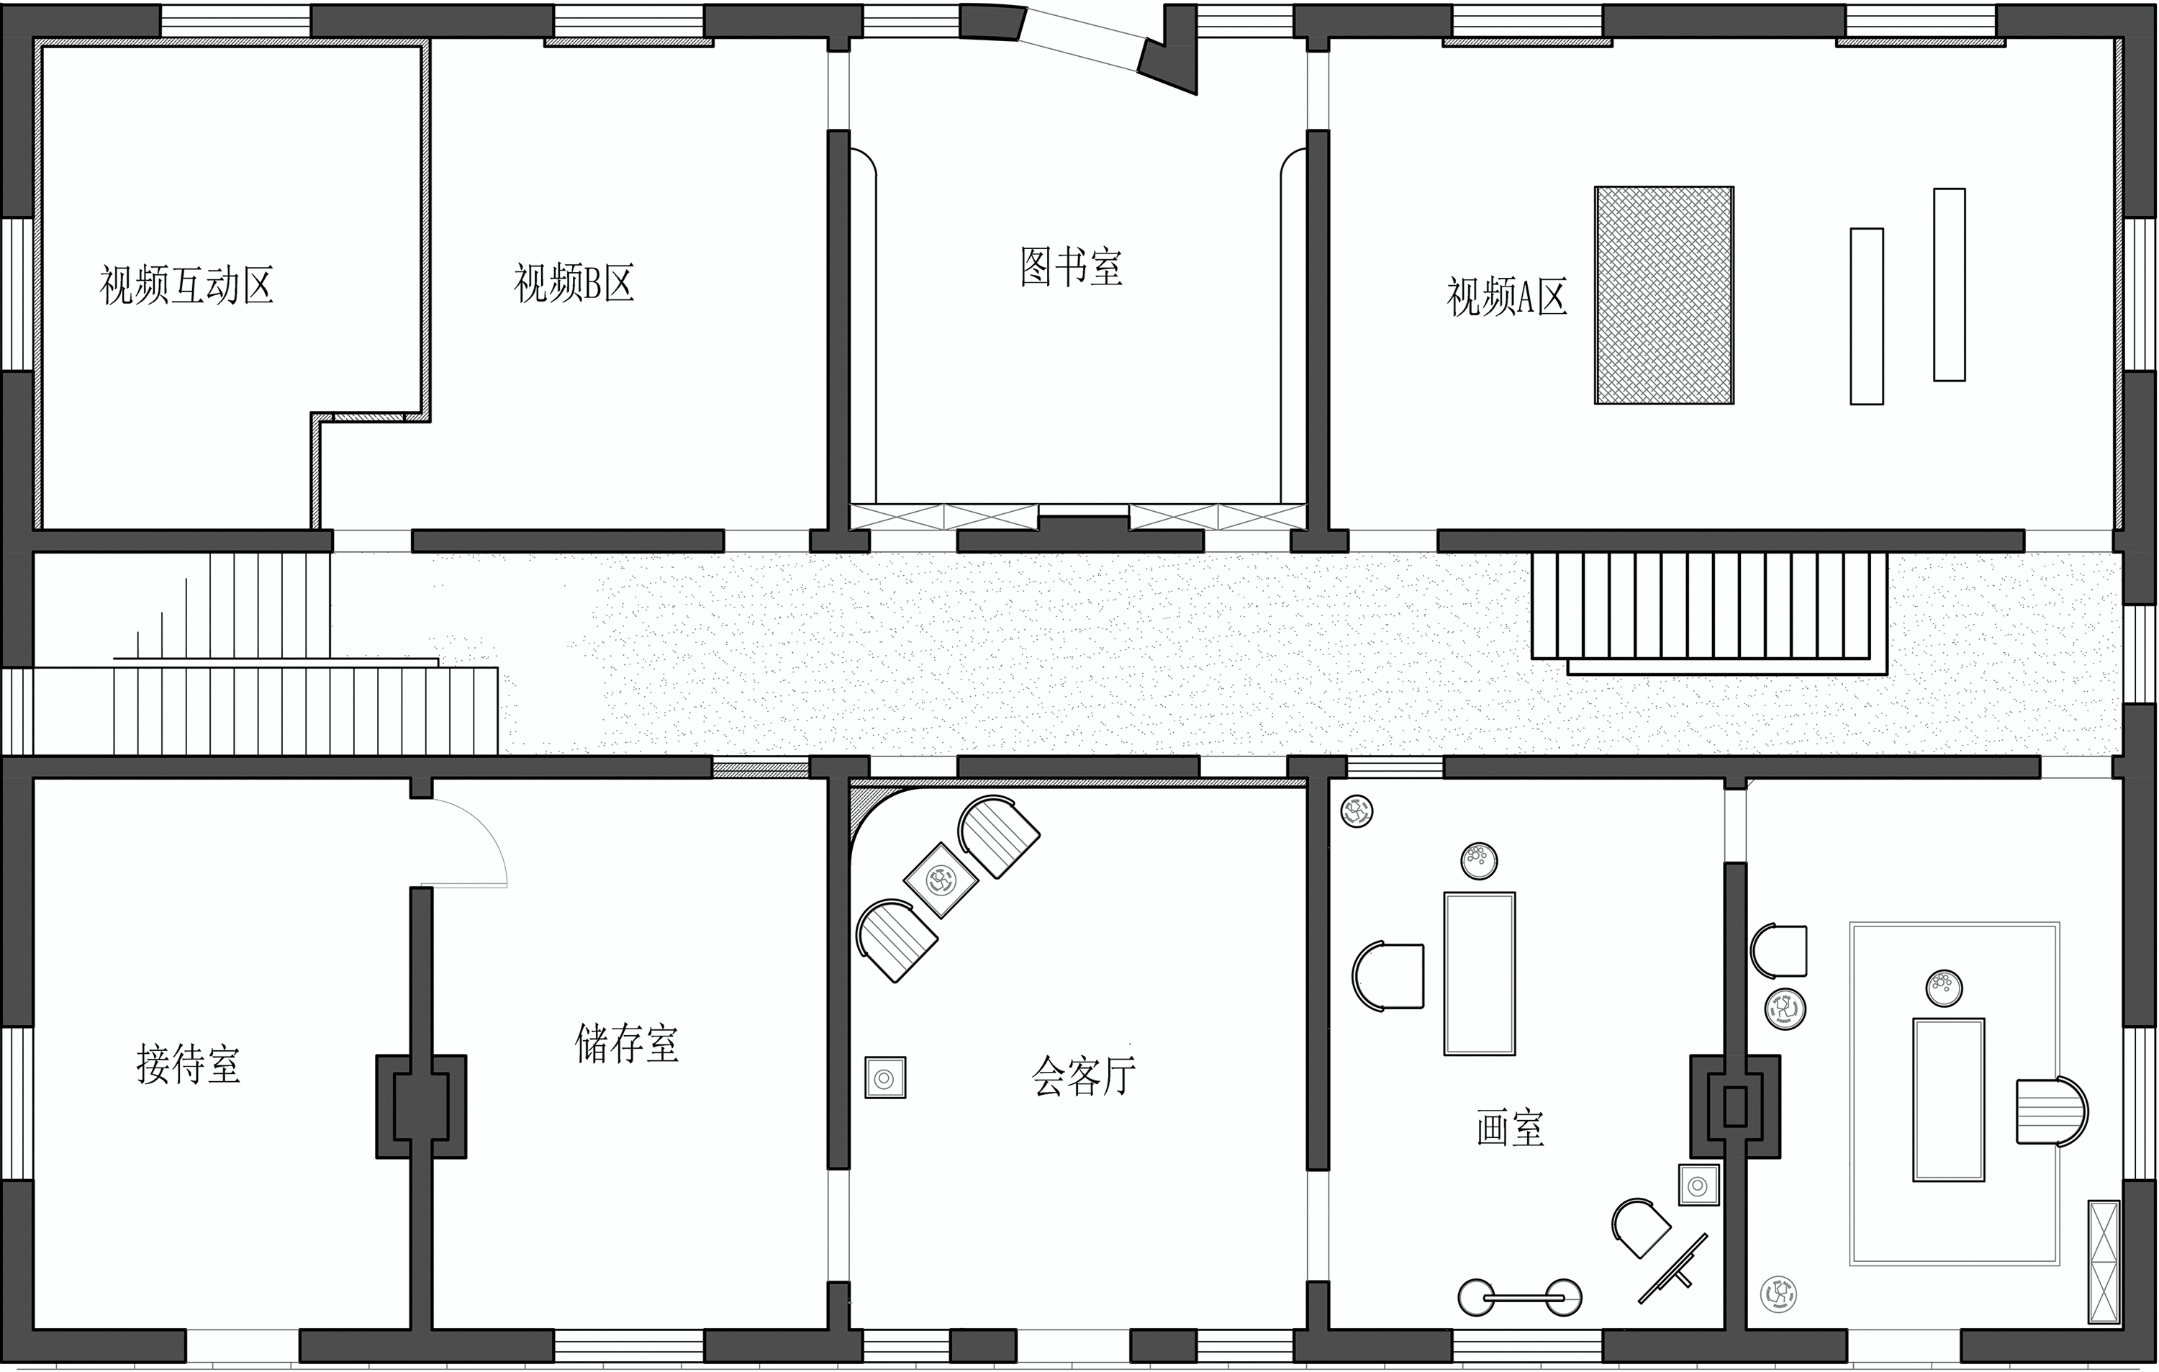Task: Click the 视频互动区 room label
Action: click(x=186, y=286)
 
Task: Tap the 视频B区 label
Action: click(x=574, y=284)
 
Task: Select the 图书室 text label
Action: click(x=1072, y=266)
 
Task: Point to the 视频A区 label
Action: click(x=1507, y=297)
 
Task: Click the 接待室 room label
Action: click(x=189, y=1065)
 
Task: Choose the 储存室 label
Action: click(x=627, y=1044)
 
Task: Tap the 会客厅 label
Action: click(x=1084, y=1075)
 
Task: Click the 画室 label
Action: click(x=1511, y=1128)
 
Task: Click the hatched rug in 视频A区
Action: click(x=1664, y=295)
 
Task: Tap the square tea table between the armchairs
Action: click(x=941, y=880)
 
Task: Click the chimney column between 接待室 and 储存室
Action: click(x=420, y=1106)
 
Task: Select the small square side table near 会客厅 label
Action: click(x=885, y=1077)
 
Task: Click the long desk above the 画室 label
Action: click(x=1480, y=973)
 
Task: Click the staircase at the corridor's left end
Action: click(x=269, y=682)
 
